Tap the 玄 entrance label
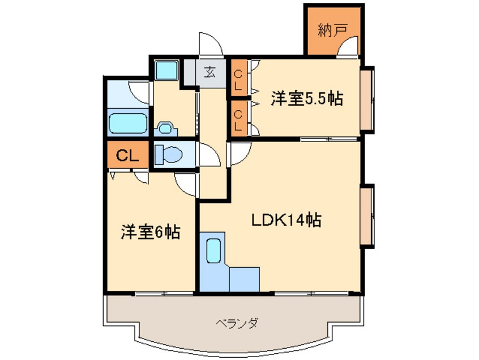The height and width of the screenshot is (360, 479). tap(210, 72)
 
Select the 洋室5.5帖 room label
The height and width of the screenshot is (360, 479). tap(306, 98)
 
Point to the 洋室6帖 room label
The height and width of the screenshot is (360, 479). tap(150, 232)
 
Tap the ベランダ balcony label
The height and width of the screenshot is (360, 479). tap(237, 324)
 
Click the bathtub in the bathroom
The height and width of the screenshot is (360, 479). tap(128, 123)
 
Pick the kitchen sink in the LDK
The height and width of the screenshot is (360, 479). tap(213, 250)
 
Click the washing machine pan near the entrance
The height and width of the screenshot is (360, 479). tap(168, 71)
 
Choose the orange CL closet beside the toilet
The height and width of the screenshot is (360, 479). tap(128, 156)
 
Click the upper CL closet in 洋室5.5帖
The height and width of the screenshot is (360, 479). tap(238, 79)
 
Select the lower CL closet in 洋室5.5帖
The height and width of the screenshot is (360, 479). tap(238, 119)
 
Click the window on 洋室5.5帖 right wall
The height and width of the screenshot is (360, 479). tap(367, 99)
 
